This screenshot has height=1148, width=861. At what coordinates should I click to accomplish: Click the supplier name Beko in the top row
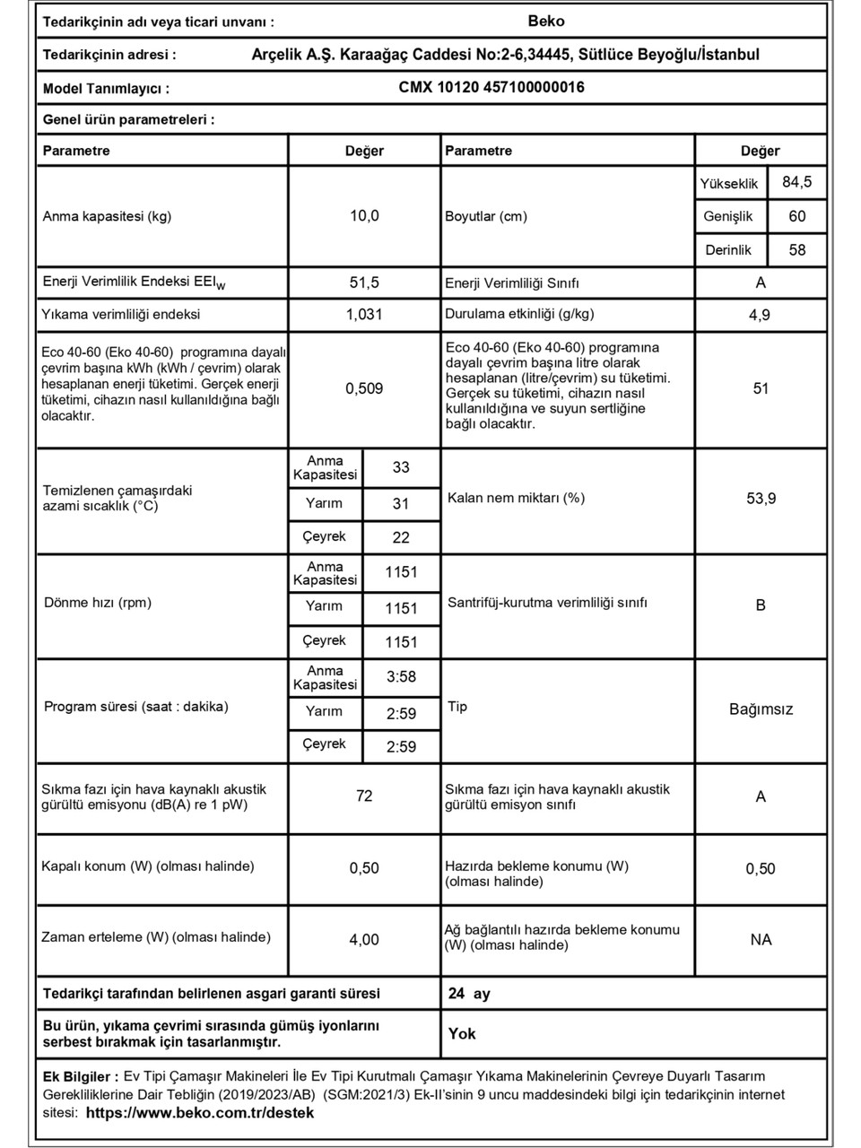[x=546, y=22]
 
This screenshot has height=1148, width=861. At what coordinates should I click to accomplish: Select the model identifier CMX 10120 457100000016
[x=491, y=87]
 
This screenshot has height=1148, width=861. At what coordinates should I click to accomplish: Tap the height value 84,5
[x=796, y=182]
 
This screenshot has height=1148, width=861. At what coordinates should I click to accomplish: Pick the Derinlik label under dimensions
[x=727, y=250]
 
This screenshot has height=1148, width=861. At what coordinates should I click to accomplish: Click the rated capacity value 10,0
[x=364, y=215]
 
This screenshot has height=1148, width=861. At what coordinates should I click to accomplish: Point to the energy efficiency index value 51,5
[x=364, y=283]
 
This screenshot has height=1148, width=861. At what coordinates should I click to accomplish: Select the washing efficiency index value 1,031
[x=364, y=315]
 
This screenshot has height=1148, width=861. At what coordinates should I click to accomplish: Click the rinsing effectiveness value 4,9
[x=760, y=315]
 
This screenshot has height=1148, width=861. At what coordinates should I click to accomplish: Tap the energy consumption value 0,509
[x=364, y=388]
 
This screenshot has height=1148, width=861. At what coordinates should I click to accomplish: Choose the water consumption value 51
[x=761, y=388]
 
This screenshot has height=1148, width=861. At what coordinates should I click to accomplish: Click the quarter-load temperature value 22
[x=401, y=537]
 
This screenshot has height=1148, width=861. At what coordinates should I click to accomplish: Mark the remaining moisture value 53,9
[x=761, y=499]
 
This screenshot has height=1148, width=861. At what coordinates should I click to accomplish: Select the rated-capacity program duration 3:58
[x=401, y=677]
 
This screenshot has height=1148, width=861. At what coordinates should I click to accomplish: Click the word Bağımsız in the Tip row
[x=761, y=709]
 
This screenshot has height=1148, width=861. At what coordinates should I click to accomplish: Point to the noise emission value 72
[x=364, y=796]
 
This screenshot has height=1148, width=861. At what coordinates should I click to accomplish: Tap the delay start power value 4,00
[x=364, y=939]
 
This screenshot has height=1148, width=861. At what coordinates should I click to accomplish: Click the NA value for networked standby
[x=761, y=939]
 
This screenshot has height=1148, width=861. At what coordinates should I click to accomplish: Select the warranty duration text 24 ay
[x=469, y=994]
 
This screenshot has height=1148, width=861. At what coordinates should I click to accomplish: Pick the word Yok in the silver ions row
[x=462, y=1034]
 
